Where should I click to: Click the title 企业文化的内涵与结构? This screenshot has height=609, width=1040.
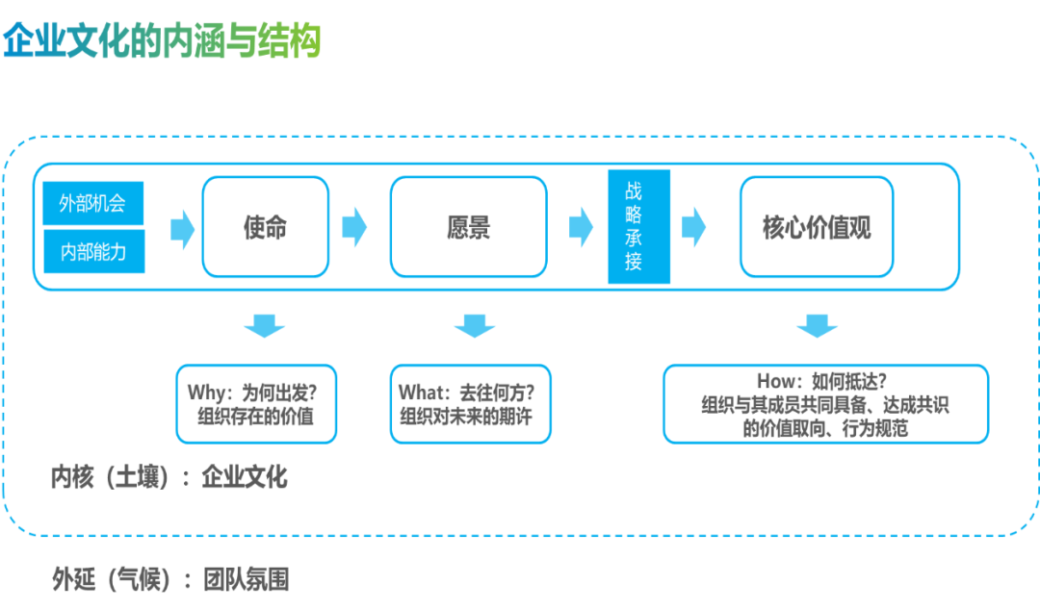tap(162, 41)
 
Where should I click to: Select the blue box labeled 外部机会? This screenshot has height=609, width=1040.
tap(92, 203)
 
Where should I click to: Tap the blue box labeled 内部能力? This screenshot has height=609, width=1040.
tap(92, 252)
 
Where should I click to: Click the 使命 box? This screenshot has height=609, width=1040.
tap(265, 228)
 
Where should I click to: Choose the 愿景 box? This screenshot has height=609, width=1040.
tap(469, 228)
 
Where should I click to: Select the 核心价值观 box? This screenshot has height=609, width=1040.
tap(817, 228)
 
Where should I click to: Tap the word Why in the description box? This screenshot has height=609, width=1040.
tap(205, 393)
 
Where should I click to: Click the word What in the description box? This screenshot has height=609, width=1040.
tap(420, 393)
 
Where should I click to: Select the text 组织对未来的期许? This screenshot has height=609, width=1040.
tap(466, 418)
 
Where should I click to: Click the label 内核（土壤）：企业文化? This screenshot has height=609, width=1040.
tap(169, 477)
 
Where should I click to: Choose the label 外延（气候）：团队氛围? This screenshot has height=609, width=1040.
tap(169, 579)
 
